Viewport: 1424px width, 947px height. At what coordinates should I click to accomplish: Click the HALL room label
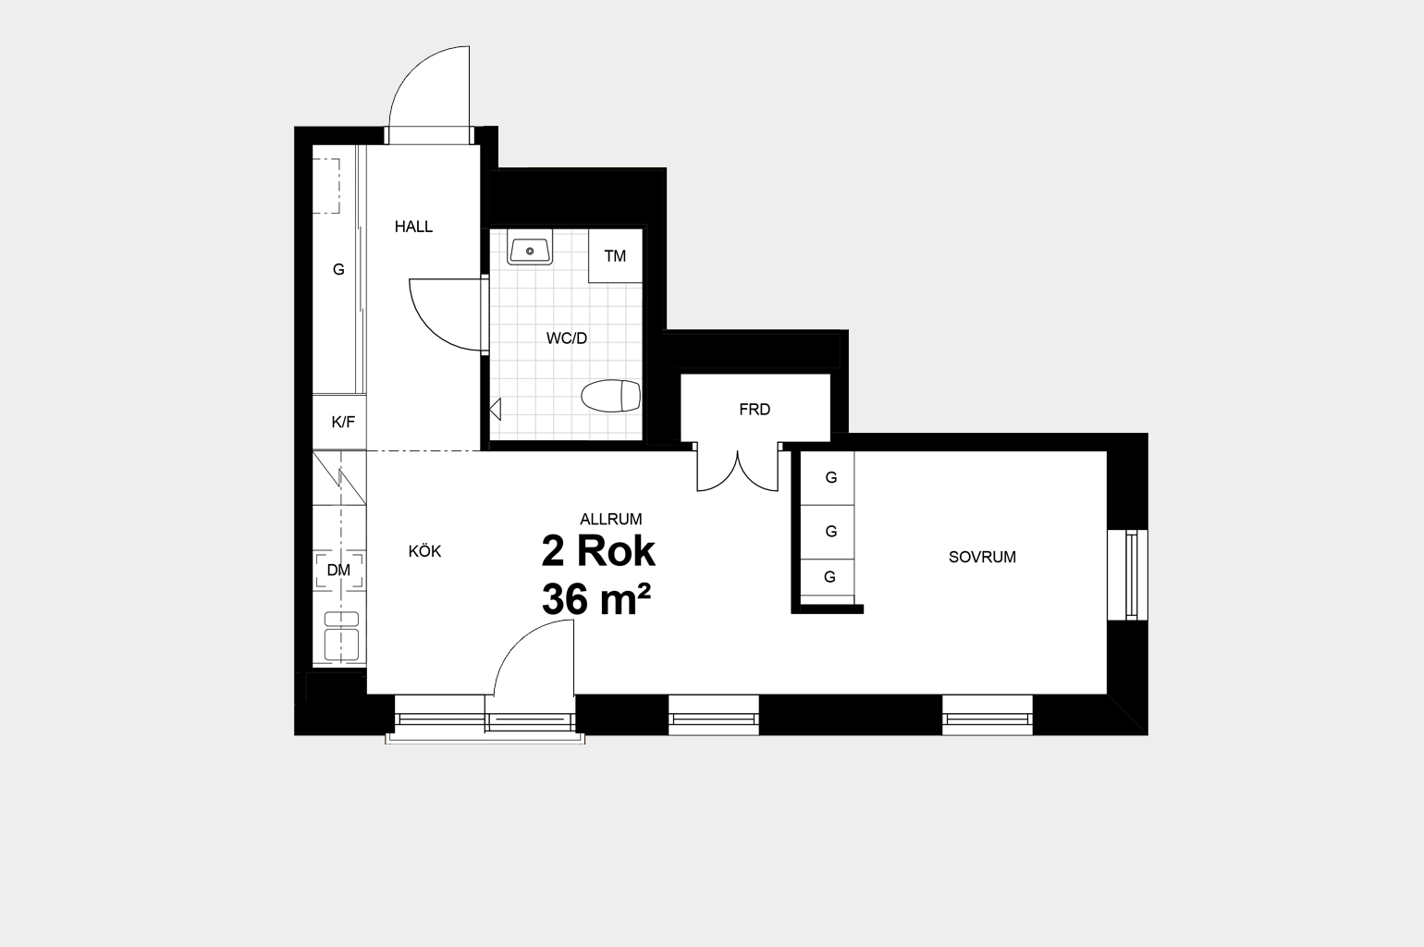(x=413, y=227)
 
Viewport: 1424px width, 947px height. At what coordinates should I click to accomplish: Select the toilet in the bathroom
(x=610, y=396)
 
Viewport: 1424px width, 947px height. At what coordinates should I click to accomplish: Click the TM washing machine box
(x=616, y=255)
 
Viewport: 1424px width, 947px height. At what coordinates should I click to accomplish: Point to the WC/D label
(x=567, y=338)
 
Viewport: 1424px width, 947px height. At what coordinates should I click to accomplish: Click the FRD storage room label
(x=755, y=410)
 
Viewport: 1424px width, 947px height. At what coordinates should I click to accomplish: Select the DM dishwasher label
(x=338, y=571)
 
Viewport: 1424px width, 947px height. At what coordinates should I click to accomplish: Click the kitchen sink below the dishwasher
(x=341, y=636)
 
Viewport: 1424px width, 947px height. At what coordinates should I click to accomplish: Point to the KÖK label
(x=424, y=551)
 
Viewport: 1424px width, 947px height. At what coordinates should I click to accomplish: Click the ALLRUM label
(x=611, y=519)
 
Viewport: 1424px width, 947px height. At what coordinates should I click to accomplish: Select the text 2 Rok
(x=598, y=551)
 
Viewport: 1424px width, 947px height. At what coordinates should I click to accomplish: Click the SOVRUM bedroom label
(x=982, y=557)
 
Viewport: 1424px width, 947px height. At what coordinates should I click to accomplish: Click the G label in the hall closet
(x=338, y=270)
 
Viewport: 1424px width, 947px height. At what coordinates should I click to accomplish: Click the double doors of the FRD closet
(x=738, y=471)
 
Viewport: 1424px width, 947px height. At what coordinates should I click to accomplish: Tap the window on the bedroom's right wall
(x=1128, y=575)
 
